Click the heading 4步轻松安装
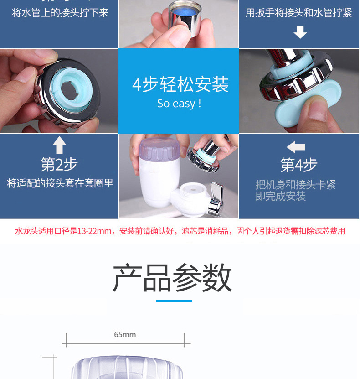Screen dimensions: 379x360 click(x=180, y=84)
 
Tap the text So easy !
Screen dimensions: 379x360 click(x=179, y=104)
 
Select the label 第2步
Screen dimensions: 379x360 click(x=59, y=164)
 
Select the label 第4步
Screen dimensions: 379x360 click(x=299, y=165)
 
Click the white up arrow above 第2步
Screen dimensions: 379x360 click(x=59, y=145)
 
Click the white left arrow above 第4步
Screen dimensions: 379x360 click(x=296, y=147)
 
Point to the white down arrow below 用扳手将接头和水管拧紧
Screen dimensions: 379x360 click(x=299, y=32)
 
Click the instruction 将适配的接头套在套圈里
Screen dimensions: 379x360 click(x=60, y=183)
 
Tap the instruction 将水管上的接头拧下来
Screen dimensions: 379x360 click(x=60, y=12)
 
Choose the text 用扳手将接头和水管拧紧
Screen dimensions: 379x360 click(x=298, y=12)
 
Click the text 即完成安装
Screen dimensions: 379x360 click(x=280, y=197)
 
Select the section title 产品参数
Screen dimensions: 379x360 click(x=173, y=278)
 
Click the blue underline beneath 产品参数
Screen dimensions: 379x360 click(x=174, y=301)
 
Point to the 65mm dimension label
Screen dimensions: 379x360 click(x=125, y=335)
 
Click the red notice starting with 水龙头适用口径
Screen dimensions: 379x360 click(x=180, y=231)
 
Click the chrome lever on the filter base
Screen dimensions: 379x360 click(x=214, y=201)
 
